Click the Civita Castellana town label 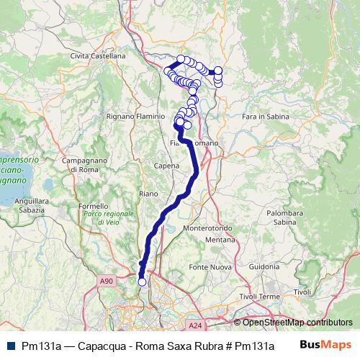click(x=98, y=55)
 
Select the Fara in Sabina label click(x=266, y=115)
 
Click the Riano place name click(x=148, y=193)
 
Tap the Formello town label click(x=93, y=206)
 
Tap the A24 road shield click(x=197, y=325)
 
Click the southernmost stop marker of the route click(x=142, y=282)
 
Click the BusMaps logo click(x=325, y=346)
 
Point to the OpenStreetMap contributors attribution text click(x=297, y=322)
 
